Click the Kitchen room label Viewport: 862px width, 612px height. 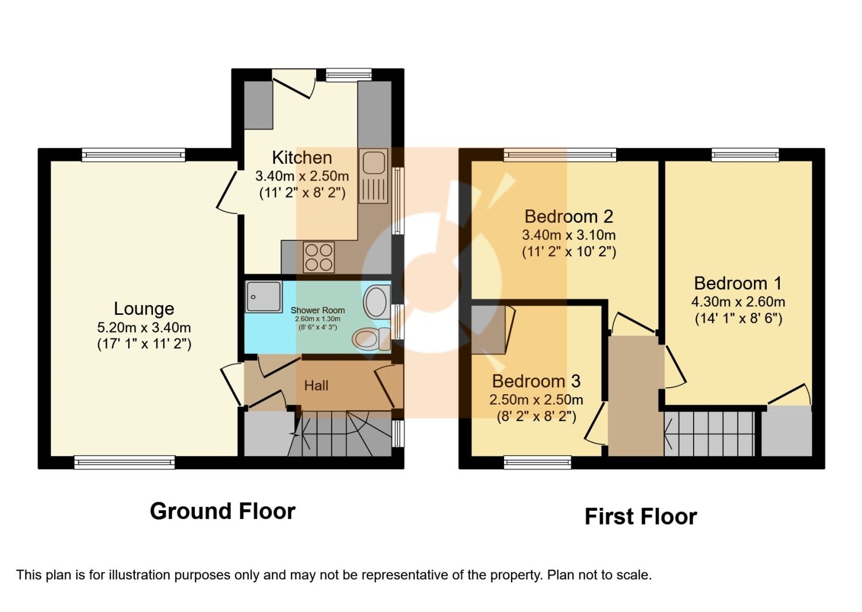(x=302, y=158)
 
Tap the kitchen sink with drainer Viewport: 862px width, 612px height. (x=374, y=176)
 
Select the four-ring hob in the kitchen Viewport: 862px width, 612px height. (x=318, y=257)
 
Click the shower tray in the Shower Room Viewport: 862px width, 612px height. (x=264, y=297)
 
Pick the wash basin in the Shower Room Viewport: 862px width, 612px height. (x=377, y=302)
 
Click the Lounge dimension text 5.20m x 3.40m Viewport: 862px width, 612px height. (x=144, y=328)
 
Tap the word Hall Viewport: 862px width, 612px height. (x=316, y=386)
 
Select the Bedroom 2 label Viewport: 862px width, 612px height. (x=569, y=217)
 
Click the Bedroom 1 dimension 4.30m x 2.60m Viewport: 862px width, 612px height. (x=738, y=302)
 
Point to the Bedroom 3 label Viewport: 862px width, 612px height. (x=536, y=381)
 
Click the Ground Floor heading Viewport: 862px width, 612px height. (x=222, y=511)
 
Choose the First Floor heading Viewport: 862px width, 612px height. (x=641, y=517)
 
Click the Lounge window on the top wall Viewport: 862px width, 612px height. (x=133, y=155)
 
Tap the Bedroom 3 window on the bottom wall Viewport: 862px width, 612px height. (x=537, y=462)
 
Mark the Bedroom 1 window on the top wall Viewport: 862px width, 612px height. (x=745, y=155)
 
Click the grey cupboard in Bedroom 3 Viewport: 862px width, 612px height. (x=488, y=330)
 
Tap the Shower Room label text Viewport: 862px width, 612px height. (x=317, y=310)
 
